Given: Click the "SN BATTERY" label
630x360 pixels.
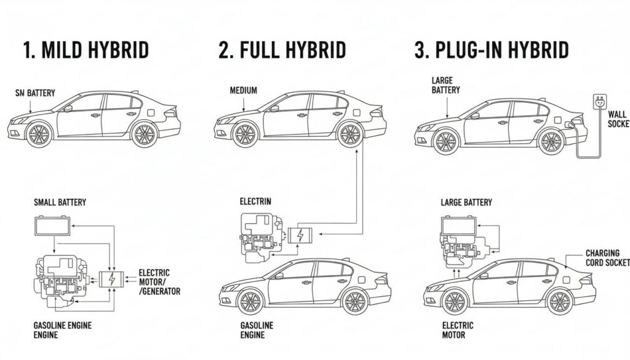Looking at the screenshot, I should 35,93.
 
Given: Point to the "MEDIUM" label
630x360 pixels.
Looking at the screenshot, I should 243,90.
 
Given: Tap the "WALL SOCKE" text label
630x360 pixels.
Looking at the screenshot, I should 617,119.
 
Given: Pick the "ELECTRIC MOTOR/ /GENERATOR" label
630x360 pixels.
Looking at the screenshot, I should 159,282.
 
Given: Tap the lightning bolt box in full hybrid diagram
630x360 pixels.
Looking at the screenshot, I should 300,235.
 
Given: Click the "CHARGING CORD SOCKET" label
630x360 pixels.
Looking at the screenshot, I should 607,258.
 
